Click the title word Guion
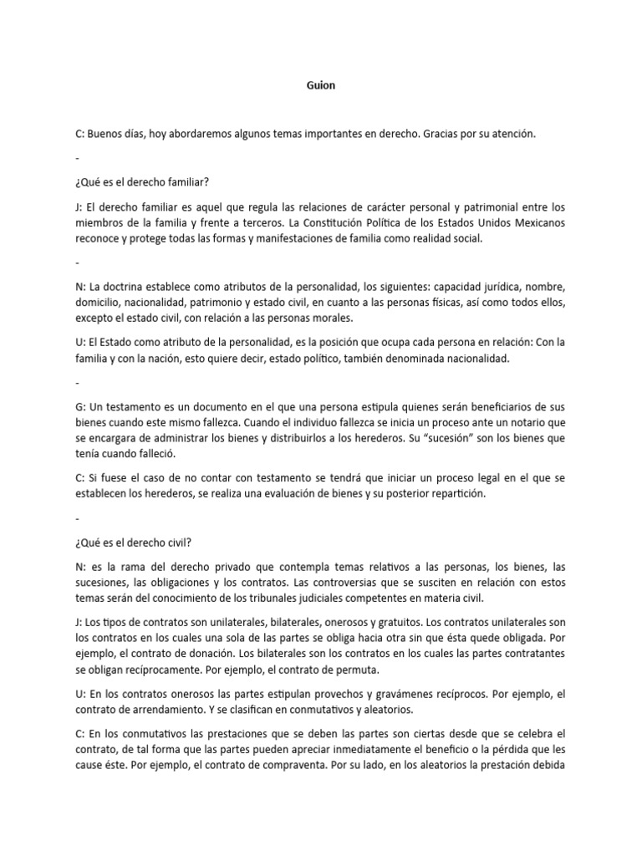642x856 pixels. pyautogui.click(x=320, y=86)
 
